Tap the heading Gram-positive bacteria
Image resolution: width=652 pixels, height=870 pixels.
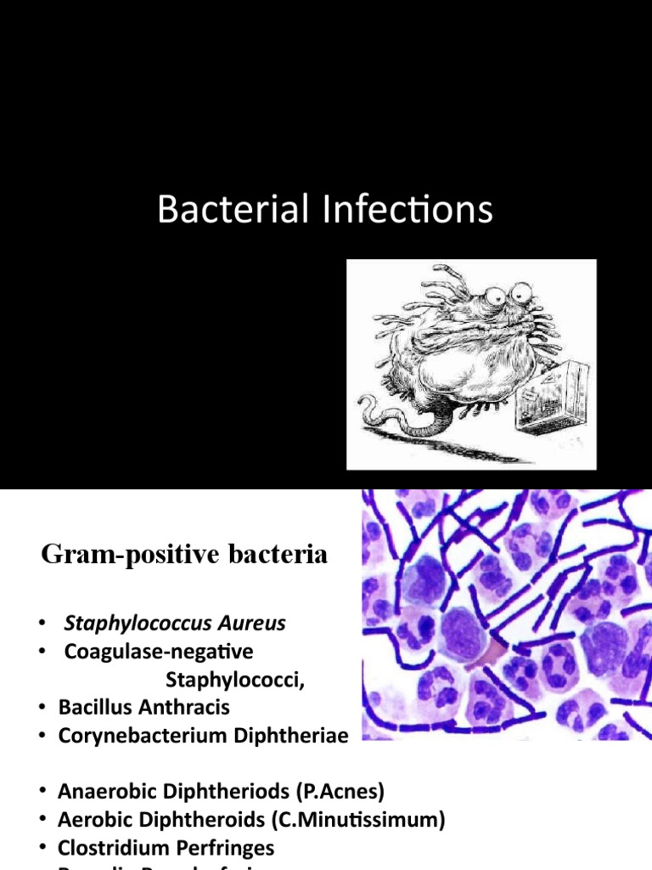coord(184,556)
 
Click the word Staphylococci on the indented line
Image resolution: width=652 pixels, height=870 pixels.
coord(227,680)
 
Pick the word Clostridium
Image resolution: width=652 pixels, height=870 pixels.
coord(110,848)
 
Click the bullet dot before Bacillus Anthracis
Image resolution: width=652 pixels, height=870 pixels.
coord(42,707)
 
